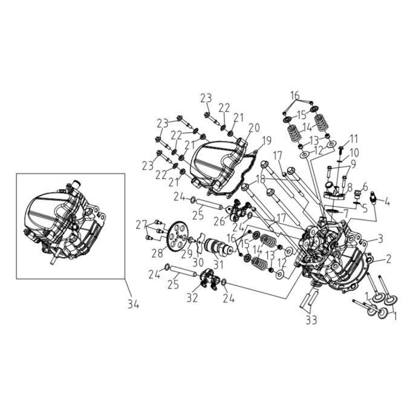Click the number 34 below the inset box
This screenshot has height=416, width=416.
133,305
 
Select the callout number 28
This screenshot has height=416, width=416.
157,253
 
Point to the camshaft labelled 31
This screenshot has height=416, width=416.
219,247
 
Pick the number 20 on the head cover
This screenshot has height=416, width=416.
254,128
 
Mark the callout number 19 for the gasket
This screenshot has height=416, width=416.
267,141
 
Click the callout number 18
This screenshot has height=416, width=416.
261,180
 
